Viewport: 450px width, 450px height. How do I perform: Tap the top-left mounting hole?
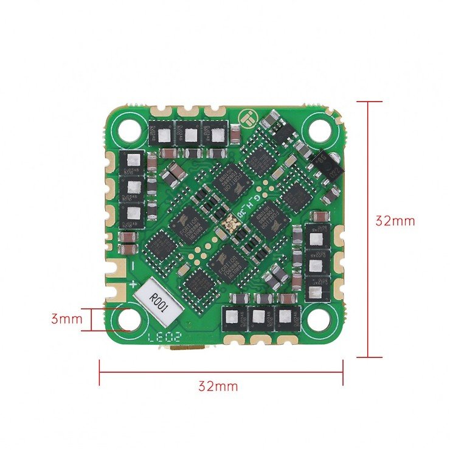[x=130, y=128]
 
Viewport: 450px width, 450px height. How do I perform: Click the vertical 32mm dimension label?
[x=395, y=221]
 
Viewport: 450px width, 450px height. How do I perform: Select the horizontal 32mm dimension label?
[x=218, y=386]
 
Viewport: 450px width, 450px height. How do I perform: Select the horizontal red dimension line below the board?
[x=221, y=372]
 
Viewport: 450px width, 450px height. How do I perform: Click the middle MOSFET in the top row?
[x=190, y=133]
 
